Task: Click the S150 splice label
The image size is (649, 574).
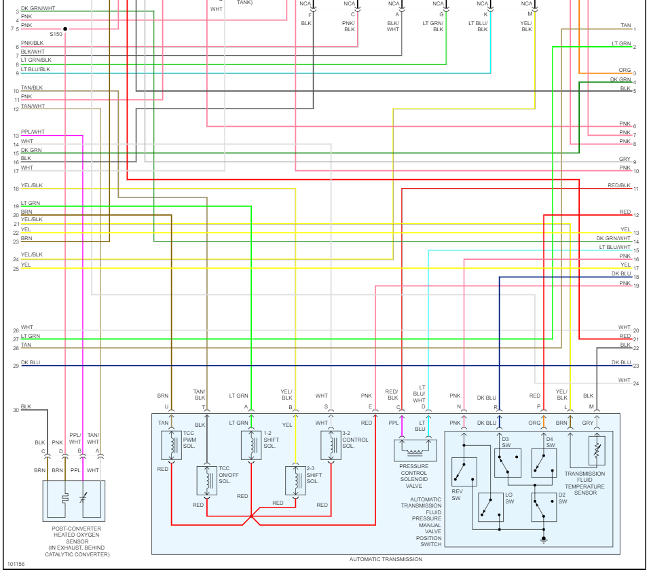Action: pos(56,33)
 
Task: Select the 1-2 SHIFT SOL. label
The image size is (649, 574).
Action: pos(270,439)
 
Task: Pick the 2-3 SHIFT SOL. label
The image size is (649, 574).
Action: pos(314,475)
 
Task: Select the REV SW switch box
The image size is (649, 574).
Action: pos(464,472)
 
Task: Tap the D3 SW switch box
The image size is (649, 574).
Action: pos(507,462)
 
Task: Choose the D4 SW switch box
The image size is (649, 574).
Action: pos(544,462)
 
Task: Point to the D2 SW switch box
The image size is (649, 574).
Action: pos(544,507)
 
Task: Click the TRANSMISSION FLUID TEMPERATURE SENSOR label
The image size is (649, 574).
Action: pos(585,483)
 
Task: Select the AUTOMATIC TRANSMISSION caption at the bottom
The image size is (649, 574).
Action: pos(386,559)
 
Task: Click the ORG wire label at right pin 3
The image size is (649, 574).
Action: pos(624,70)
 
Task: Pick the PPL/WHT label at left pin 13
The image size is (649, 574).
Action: pos(33,132)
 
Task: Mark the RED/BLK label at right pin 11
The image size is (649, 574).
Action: pos(618,185)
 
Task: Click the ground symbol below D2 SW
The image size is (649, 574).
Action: pos(543,540)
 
